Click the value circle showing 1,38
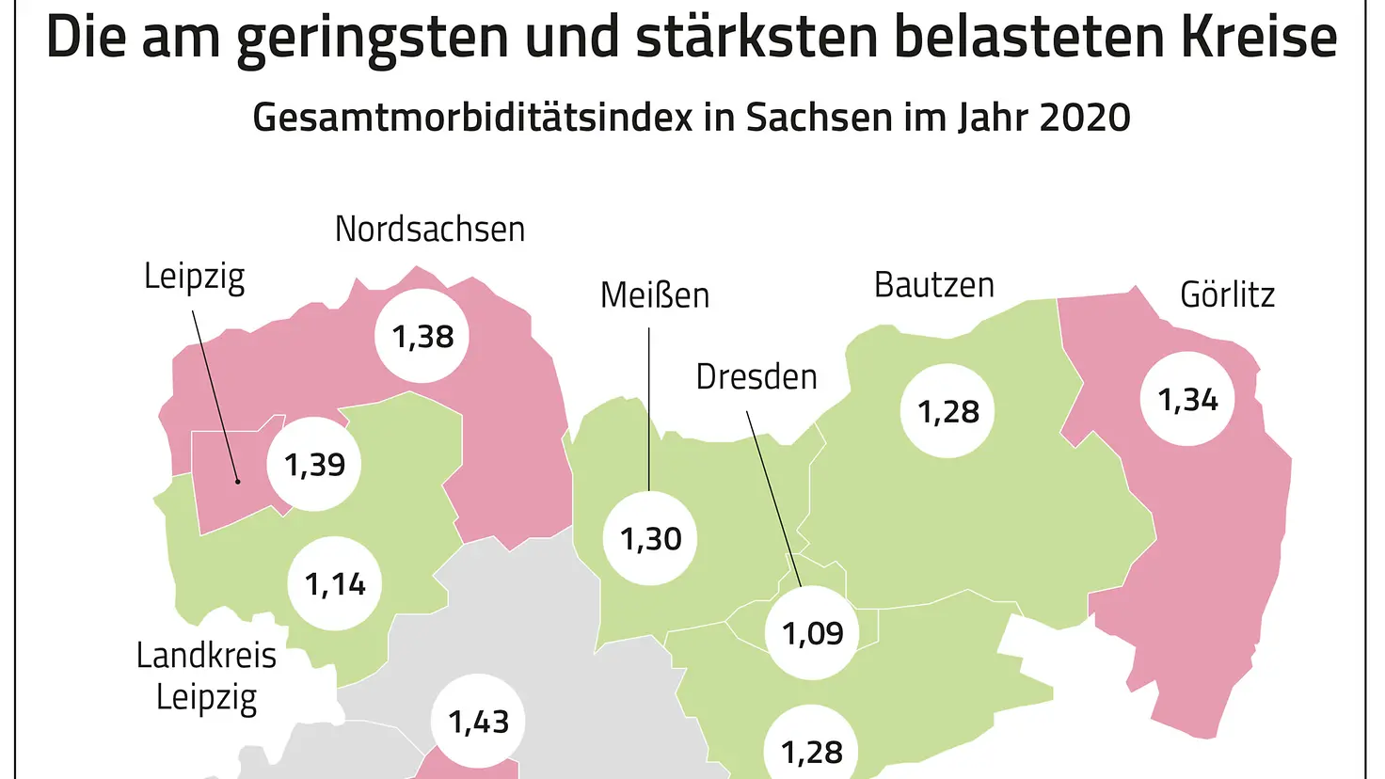tap(422, 336)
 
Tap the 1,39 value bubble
tap(314, 464)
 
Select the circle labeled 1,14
tap(334, 584)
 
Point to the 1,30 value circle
tap(650, 539)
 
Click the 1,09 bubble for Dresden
tap(812, 633)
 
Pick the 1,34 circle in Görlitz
tap(1187, 400)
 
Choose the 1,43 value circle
tap(478, 722)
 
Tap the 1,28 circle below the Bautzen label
tap(947, 411)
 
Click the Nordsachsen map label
tap(430, 229)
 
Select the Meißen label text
tap(655, 295)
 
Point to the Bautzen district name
tap(934, 285)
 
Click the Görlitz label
tap(1227, 295)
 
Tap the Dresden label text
tap(756, 377)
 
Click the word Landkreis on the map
tap(206, 655)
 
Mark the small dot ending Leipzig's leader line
tap(238, 482)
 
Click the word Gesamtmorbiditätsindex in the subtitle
tap(472, 118)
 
